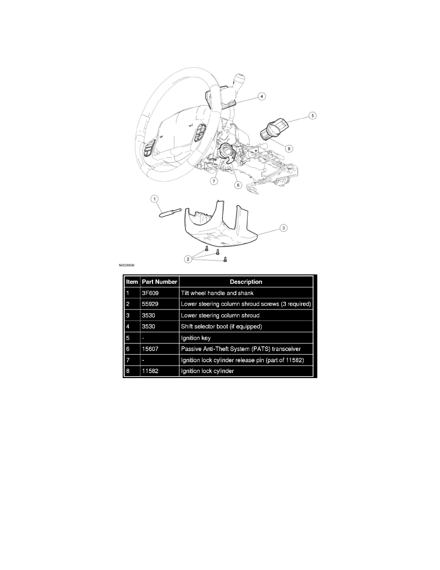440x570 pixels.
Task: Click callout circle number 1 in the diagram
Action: pos(154,198)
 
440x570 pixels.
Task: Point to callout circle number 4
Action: pos(261,96)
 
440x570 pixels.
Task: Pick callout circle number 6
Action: pos(237,184)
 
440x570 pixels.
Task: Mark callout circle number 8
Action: pos(288,148)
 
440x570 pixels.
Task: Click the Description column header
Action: pos(246,282)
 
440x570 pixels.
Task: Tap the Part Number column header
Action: pos(160,282)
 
